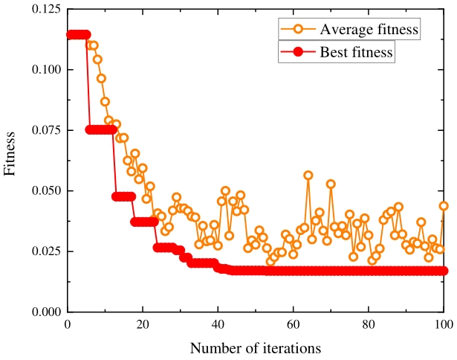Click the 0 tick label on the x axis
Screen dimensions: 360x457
[x=67, y=325]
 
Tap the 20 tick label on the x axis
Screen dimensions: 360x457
[x=143, y=325]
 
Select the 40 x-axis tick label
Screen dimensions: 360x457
[x=218, y=325]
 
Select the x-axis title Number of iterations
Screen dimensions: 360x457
[x=255, y=347]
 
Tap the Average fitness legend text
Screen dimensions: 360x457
[x=369, y=30]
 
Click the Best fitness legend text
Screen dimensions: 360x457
[x=356, y=52]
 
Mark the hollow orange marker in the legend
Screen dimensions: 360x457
[x=297, y=30]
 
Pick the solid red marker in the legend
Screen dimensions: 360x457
[x=297, y=52]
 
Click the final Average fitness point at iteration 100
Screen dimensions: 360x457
[x=444, y=206]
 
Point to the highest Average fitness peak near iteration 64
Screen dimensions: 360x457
[x=308, y=175]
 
